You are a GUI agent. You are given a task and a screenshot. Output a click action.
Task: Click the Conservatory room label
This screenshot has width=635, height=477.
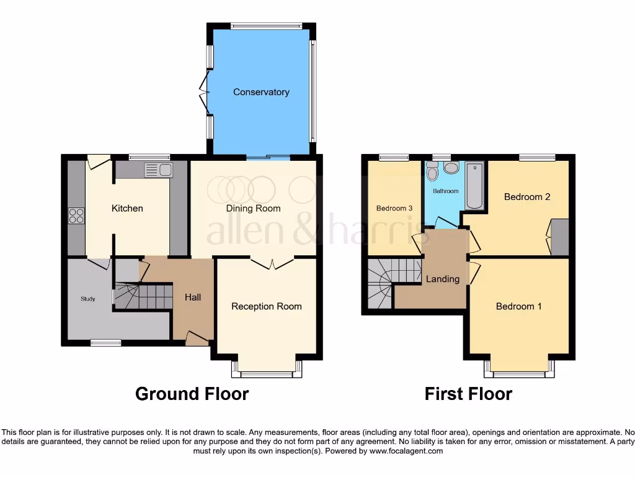(261, 92)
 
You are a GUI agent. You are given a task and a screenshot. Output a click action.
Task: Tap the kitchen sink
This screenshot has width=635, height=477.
(158, 170)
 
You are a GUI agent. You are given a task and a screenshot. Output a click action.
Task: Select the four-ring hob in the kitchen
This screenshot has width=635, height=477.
(76, 216)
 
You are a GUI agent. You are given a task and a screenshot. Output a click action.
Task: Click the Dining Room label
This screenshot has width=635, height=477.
(253, 208)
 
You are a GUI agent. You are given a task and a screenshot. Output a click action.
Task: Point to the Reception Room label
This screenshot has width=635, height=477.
(267, 306)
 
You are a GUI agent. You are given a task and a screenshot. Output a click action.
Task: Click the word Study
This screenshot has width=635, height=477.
(88, 299)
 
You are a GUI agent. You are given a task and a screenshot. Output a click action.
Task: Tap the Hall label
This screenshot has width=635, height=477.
(193, 298)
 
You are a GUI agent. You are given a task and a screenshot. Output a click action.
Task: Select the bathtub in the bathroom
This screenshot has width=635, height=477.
(476, 185)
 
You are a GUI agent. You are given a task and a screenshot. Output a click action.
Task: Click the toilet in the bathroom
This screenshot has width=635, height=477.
(432, 171)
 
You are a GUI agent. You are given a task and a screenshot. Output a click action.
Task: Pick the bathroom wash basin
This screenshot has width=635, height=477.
(451, 168)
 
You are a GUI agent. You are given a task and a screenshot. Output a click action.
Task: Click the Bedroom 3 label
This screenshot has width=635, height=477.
(394, 208)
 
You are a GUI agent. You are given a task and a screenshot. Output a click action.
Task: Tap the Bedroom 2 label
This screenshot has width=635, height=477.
(527, 197)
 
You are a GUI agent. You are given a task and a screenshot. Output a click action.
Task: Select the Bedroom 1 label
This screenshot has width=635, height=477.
(519, 306)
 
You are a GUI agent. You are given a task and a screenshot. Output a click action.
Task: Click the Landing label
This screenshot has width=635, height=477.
(443, 279)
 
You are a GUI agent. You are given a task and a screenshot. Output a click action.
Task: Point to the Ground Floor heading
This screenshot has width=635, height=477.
(192, 394)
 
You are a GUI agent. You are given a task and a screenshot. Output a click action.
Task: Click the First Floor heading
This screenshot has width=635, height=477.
(468, 394)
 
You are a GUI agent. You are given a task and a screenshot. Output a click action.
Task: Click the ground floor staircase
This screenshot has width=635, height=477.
(143, 296)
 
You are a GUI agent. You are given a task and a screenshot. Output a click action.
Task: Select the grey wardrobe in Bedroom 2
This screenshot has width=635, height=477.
(560, 237)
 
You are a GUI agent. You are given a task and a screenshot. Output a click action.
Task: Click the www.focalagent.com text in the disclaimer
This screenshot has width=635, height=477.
(406, 451)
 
